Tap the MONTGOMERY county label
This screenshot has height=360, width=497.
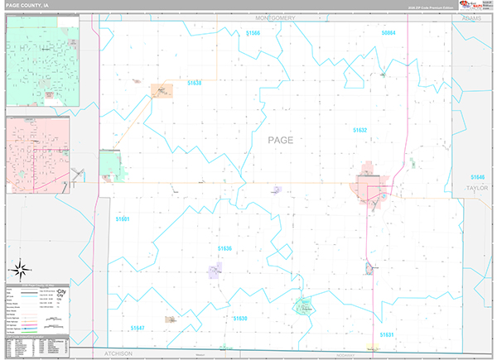[281, 17]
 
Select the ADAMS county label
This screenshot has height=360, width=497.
[472, 17]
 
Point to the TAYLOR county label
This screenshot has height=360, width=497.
[478, 188]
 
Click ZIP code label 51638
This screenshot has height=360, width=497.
[195, 83]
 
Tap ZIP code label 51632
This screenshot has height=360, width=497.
[360, 130]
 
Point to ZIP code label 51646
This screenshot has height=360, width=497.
[477, 177]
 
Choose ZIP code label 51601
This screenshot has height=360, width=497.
[123, 218]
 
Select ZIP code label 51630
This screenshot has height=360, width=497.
[241, 317]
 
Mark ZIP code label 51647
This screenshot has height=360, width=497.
[138, 328]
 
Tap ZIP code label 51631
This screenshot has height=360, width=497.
[387, 334]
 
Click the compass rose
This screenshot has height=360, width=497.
[21, 269]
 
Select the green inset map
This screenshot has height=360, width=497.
[42, 61]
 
